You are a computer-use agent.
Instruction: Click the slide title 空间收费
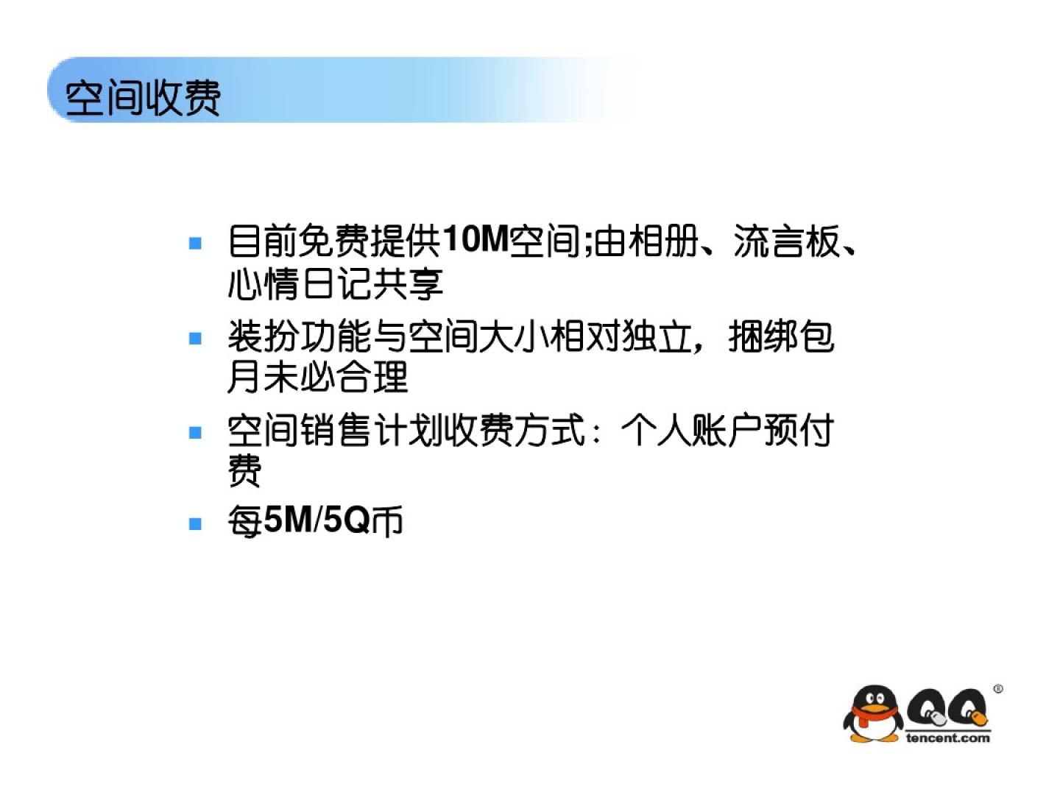tap(143, 98)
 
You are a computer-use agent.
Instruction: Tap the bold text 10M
tap(476, 239)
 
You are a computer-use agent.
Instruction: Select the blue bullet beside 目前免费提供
tap(195, 242)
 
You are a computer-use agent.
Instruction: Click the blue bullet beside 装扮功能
tap(195, 338)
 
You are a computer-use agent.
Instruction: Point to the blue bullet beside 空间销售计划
tap(195, 432)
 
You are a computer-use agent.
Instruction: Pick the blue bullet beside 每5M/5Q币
tap(195, 523)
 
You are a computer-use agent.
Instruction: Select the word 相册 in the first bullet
tap(665, 241)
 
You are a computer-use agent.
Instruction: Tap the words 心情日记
tap(298, 284)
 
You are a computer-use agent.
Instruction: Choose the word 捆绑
tap(763, 336)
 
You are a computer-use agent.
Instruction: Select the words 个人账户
tap(691, 430)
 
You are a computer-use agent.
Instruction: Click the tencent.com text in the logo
tap(948, 737)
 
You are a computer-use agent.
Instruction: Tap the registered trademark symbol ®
tap(998, 689)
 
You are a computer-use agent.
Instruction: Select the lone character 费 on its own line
tap(244, 470)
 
